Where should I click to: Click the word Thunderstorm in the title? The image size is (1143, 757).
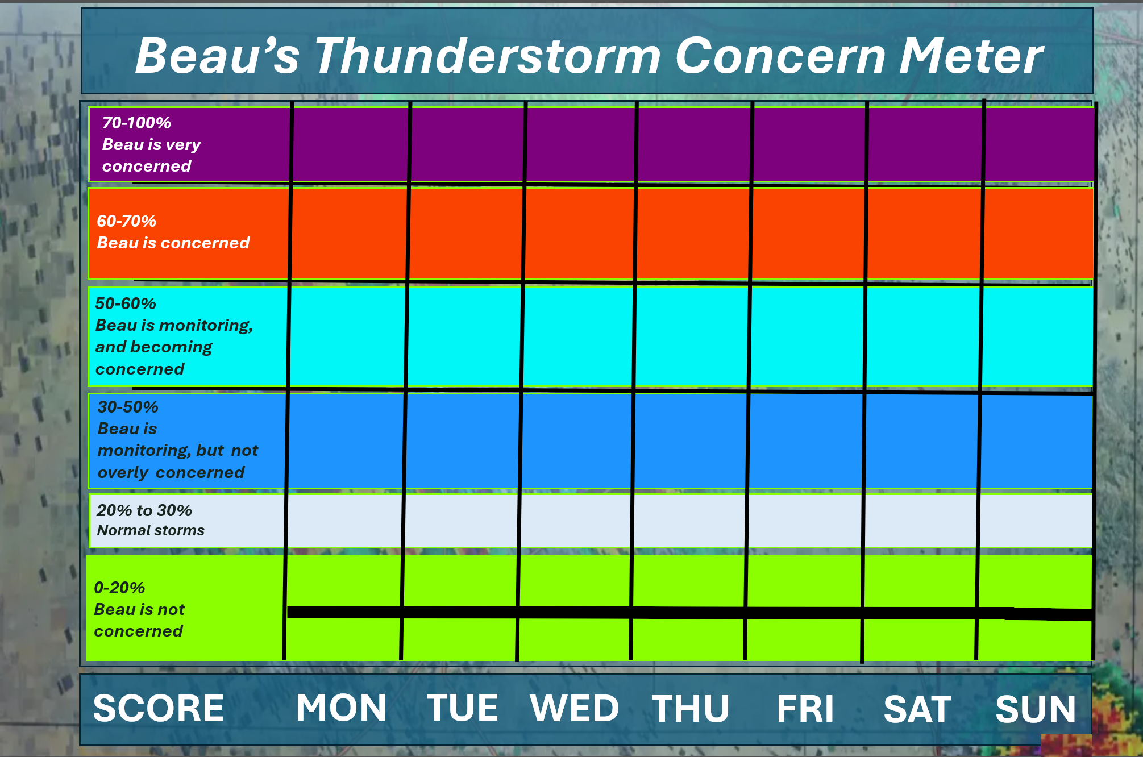488,56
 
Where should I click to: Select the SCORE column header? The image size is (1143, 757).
159,708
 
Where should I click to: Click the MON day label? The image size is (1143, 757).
341,708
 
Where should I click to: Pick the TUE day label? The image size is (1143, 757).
463,708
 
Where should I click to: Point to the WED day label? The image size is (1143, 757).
574,708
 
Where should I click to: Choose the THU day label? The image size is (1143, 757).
691,709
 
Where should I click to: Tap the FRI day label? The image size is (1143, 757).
805,709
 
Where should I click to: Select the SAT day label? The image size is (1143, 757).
917,709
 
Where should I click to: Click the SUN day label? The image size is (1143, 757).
1036,709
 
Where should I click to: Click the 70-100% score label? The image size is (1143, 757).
136,123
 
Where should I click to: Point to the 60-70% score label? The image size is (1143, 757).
126,221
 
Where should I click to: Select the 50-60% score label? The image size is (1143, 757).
126,303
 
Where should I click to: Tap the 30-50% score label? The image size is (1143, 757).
128,407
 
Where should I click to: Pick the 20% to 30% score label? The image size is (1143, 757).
144,510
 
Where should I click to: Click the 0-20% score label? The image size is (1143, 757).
119,588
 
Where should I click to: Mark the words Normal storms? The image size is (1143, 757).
151,530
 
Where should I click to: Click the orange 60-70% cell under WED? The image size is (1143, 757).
579,233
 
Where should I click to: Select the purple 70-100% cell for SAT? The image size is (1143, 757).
925,144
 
